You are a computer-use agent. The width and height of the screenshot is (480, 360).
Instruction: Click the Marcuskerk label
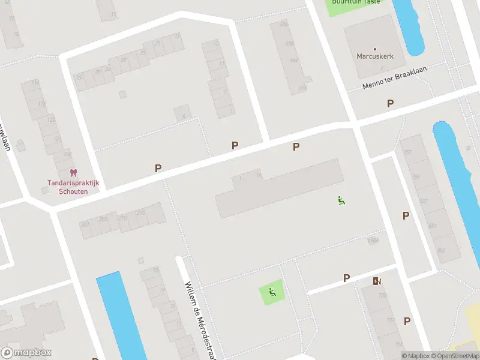(x=375, y=56)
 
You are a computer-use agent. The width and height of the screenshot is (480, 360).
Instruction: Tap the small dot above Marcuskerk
(x=375, y=49)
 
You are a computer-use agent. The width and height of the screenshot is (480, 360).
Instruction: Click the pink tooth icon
(x=74, y=172)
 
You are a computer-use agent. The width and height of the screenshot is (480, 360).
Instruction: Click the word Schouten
(x=73, y=191)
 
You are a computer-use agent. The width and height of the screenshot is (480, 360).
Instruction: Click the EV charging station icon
(x=377, y=281)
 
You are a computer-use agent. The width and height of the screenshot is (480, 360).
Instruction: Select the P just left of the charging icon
(x=346, y=278)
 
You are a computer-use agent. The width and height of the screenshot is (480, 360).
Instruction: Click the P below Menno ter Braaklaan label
(x=391, y=103)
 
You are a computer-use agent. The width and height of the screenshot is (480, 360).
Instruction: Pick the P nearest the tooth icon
(x=158, y=169)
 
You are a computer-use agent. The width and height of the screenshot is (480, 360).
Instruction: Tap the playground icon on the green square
(x=272, y=293)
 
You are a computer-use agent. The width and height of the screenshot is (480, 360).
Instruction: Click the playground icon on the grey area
(x=341, y=200)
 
